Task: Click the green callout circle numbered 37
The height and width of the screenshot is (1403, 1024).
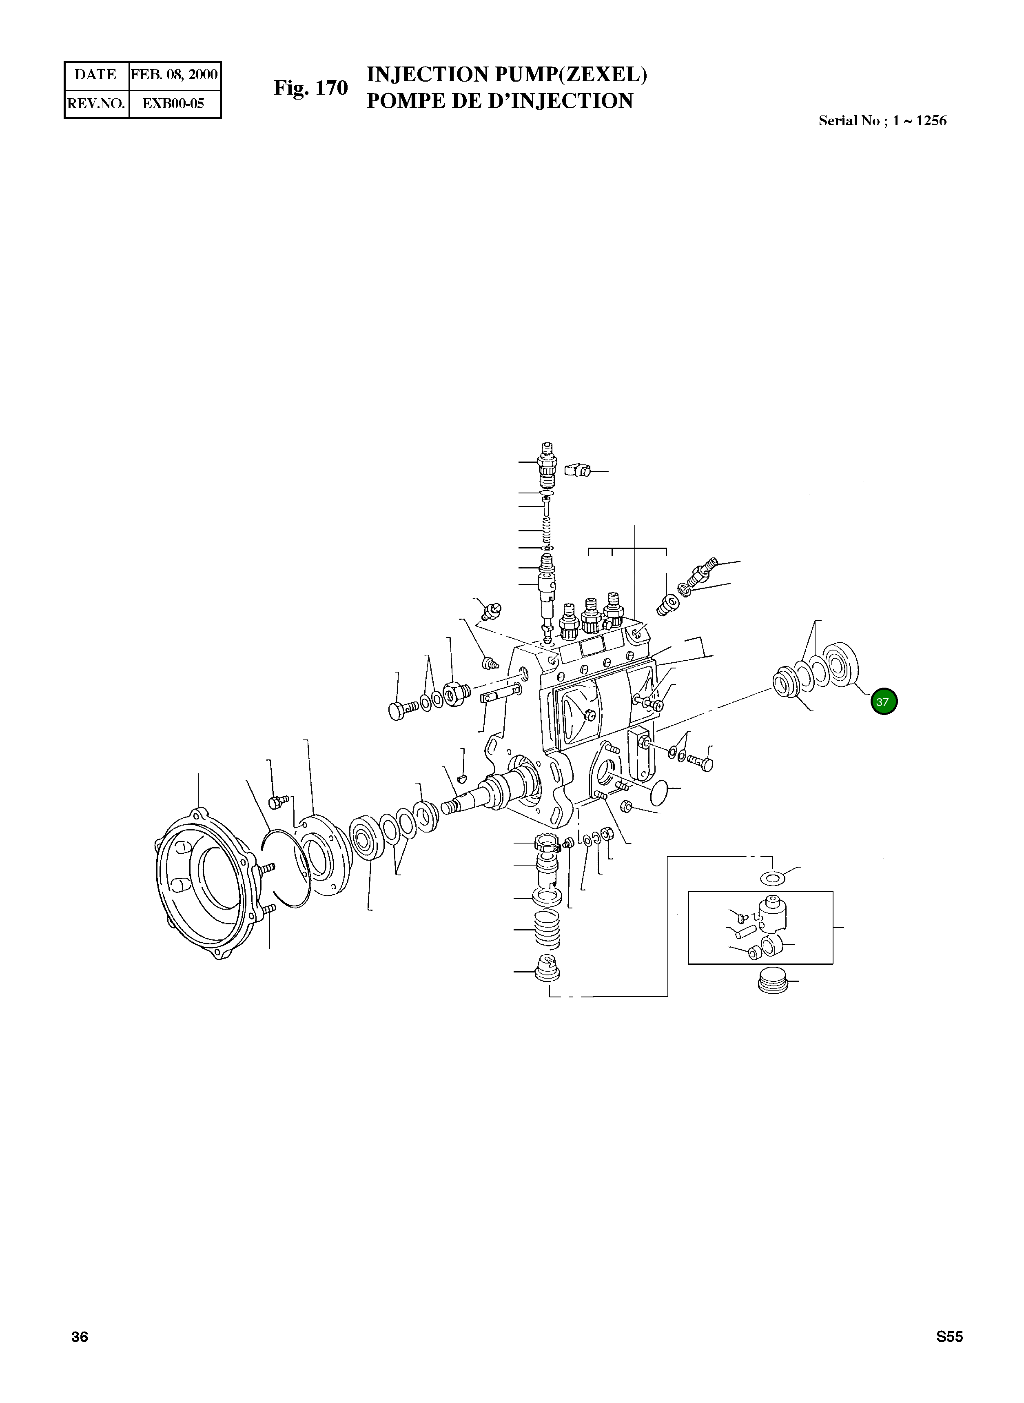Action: [883, 702]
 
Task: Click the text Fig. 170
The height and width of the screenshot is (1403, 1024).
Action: [310, 88]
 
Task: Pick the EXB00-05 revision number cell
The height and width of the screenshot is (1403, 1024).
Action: [173, 104]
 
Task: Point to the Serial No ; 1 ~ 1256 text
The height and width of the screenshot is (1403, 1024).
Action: [882, 121]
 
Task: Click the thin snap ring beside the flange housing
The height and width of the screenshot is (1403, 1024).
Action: [287, 868]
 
